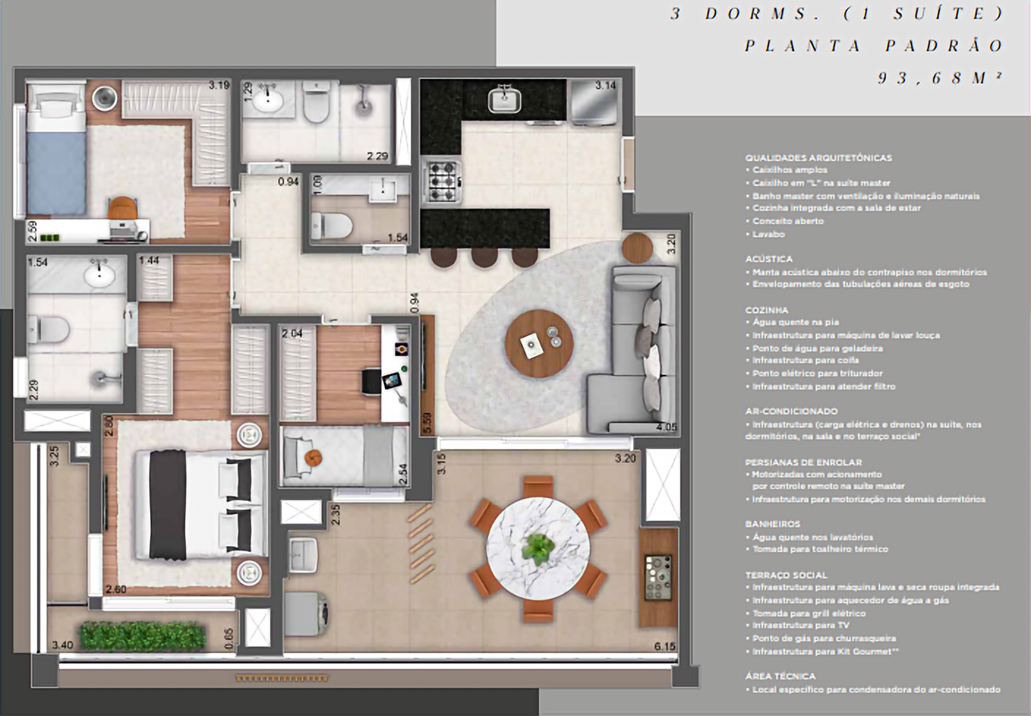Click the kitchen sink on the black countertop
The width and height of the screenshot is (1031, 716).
pyautogui.click(x=505, y=99)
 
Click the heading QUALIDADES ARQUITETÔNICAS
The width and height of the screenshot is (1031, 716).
pyautogui.click(x=818, y=157)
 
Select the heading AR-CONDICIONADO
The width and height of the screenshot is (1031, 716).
pyautogui.click(x=791, y=411)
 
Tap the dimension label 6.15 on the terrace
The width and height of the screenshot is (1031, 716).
pyautogui.click(x=664, y=646)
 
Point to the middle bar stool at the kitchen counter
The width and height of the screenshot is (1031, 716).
pyautogui.click(x=484, y=256)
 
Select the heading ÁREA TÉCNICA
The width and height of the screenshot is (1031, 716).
pyautogui.click(x=780, y=676)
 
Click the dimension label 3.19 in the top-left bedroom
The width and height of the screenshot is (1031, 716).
pyautogui.click(x=218, y=85)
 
